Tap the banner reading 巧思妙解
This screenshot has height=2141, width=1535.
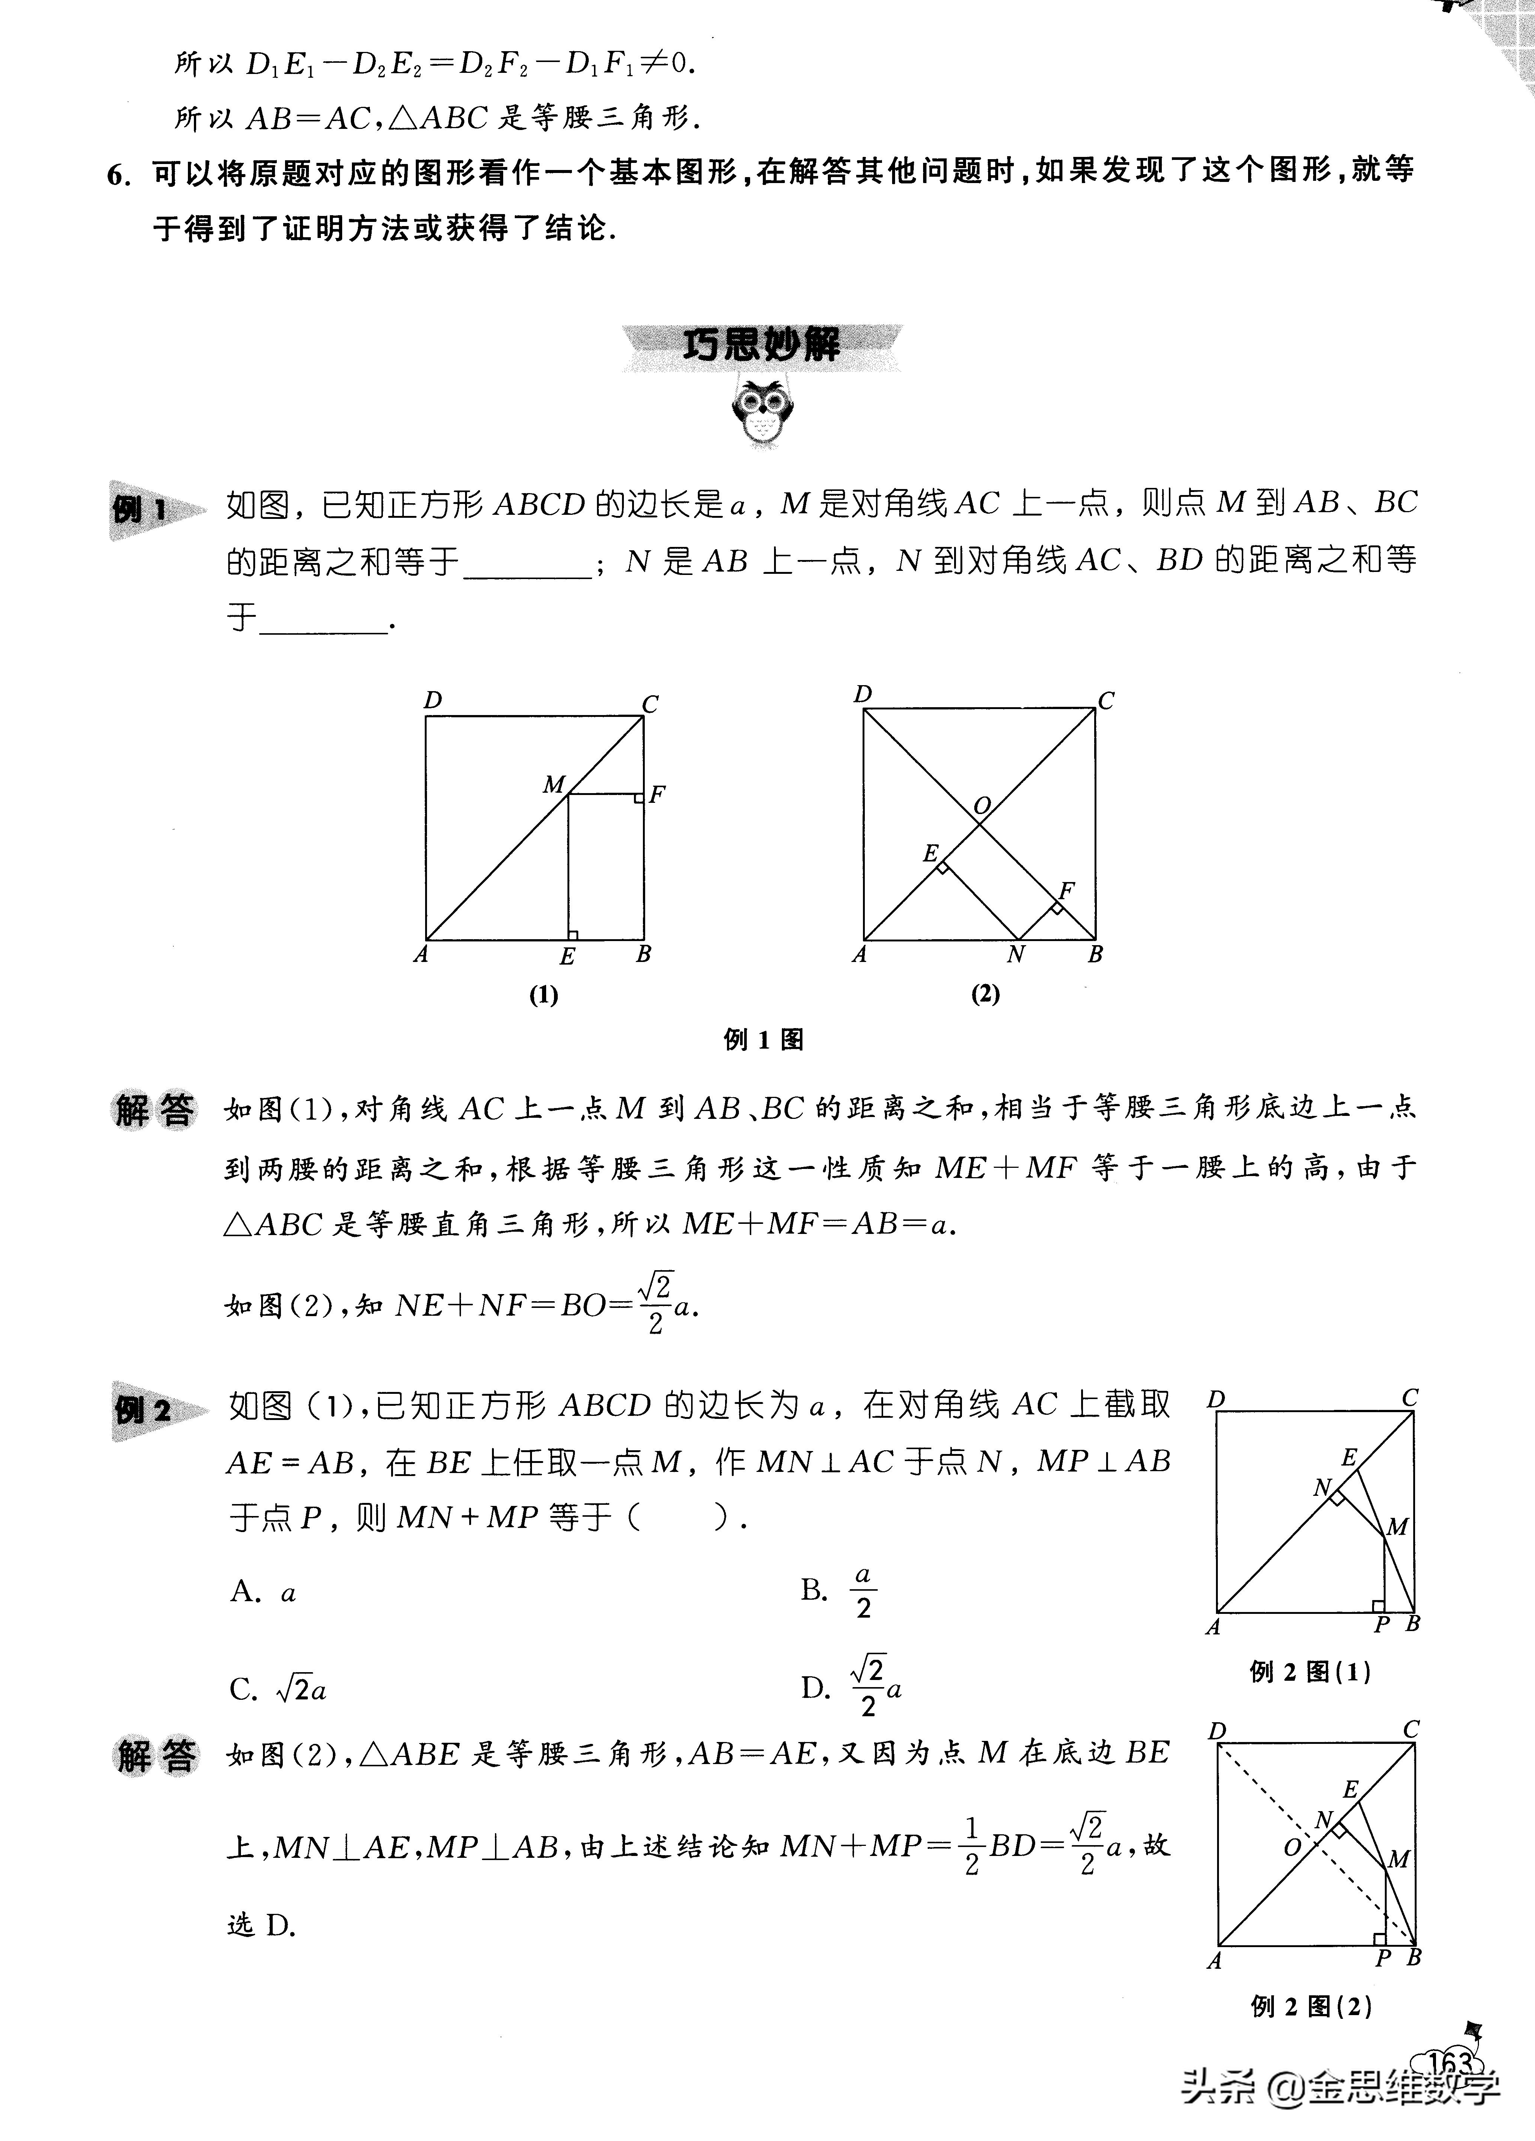coord(761,346)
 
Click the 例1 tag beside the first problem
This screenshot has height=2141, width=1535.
coord(142,511)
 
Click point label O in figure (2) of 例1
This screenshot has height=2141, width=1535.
coord(982,806)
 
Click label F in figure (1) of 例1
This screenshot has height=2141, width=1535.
coord(657,794)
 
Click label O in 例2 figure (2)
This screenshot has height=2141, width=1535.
coord(1293,1847)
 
